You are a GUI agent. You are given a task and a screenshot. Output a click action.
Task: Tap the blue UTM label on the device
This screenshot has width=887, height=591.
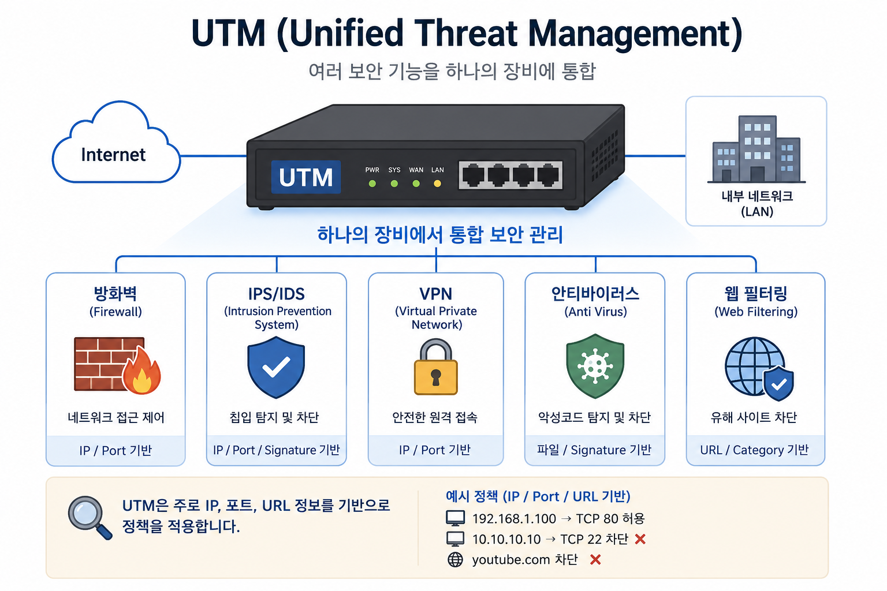pos(305,177)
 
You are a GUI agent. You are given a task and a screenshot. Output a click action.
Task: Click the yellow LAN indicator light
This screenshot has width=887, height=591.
pos(437,184)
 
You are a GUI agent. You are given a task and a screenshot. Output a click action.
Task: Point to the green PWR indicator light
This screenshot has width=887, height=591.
pos(372,184)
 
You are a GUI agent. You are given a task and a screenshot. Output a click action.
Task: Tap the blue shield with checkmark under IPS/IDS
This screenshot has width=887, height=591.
pos(276,367)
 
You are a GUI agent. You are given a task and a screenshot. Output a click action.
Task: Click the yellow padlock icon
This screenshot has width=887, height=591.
pos(435,366)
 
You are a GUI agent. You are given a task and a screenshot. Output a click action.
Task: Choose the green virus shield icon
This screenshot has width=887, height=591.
pos(595,366)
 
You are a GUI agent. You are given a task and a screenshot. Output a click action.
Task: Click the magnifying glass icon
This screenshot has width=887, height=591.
pos(90,518)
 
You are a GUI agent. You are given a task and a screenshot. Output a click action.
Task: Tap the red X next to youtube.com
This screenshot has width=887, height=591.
pos(595,559)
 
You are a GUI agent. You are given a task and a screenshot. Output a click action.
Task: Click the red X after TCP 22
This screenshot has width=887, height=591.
pos(640,538)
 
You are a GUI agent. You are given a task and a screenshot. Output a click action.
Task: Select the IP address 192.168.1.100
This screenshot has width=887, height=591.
pos(514,518)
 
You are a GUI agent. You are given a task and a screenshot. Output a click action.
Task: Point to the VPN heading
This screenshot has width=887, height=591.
pos(435,294)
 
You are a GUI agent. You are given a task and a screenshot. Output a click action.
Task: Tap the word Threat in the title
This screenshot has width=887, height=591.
pos(465,33)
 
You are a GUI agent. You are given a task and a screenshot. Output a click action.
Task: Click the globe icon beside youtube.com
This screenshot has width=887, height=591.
pos(455,560)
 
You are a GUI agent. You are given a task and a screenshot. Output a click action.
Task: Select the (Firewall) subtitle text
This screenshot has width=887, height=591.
pos(115,312)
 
